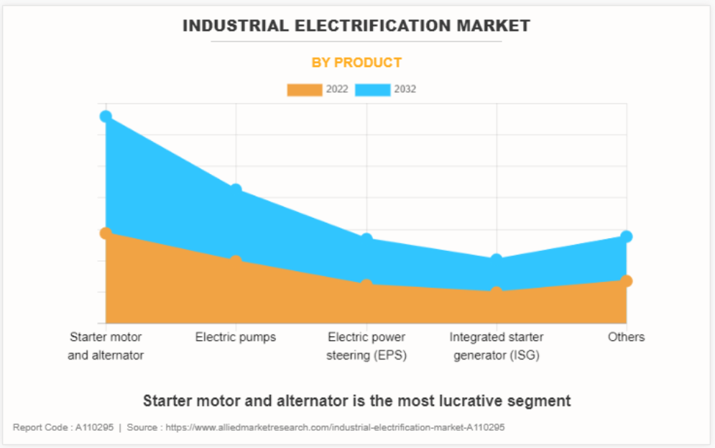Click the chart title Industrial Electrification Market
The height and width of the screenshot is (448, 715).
coord(356,26)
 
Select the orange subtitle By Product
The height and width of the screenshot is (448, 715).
coord(356,63)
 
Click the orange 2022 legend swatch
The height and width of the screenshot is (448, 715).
coord(305,90)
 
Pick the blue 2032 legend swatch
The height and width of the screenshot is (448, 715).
coord(373,90)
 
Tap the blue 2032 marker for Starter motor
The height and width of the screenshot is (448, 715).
coord(106,116)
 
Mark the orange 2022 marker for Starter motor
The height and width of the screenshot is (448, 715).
coord(106,233)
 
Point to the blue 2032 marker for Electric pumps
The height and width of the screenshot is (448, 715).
coord(236,189)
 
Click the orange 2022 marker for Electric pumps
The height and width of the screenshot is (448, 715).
coord(236,260)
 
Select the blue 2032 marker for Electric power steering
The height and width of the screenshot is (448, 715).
coord(366,239)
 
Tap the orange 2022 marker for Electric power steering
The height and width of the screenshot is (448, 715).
coord(366,285)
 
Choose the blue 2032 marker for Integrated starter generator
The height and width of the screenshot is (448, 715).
coord(497,260)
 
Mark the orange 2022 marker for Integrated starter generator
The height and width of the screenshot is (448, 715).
coord(497,292)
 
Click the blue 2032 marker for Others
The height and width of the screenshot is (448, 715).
coord(627,237)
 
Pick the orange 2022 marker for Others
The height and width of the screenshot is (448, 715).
coord(627,280)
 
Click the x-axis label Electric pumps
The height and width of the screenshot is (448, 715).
coord(236,337)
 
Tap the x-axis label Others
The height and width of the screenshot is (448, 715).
coord(627,337)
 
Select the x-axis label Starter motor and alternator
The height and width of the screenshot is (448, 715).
coord(106,346)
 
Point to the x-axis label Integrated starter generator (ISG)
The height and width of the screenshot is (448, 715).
coord(497,346)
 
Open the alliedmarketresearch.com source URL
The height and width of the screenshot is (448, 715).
coord(335,427)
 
